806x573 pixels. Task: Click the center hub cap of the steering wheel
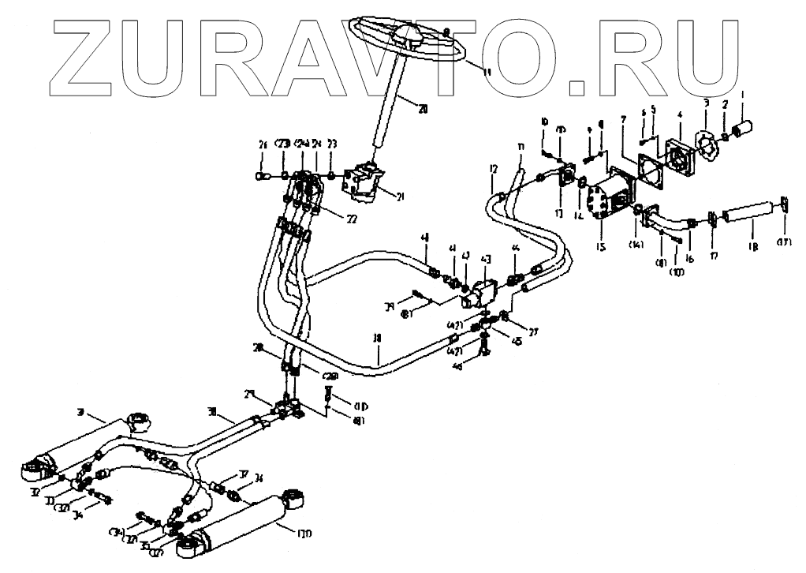[x=413, y=36]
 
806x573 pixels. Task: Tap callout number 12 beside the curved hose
[x=493, y=169]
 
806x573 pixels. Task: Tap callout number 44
[x=515, y=249]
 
